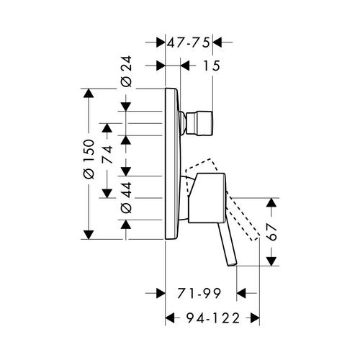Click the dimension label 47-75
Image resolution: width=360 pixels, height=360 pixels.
188,42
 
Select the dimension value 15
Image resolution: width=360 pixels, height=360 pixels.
211,66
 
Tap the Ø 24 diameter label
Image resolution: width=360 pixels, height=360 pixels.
126,71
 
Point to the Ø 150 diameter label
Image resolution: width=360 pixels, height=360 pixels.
89,159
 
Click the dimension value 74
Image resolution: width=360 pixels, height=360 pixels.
107,155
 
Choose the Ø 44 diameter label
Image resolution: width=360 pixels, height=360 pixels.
126,197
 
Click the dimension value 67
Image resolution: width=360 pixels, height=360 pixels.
271,233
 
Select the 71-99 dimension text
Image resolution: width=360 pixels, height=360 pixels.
199,293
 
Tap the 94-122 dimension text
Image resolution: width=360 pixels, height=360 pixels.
213,318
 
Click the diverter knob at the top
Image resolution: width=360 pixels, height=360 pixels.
199,123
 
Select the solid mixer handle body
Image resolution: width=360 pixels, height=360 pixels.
207,198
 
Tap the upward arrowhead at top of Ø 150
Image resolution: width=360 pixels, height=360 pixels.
89,93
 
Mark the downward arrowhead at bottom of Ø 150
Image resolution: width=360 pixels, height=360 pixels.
89,235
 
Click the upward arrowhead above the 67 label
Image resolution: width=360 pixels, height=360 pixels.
271,202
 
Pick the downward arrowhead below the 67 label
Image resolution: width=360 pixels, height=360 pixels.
271,261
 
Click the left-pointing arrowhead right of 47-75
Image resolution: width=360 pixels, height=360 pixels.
217,42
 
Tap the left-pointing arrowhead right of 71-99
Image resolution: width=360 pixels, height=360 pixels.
241,293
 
